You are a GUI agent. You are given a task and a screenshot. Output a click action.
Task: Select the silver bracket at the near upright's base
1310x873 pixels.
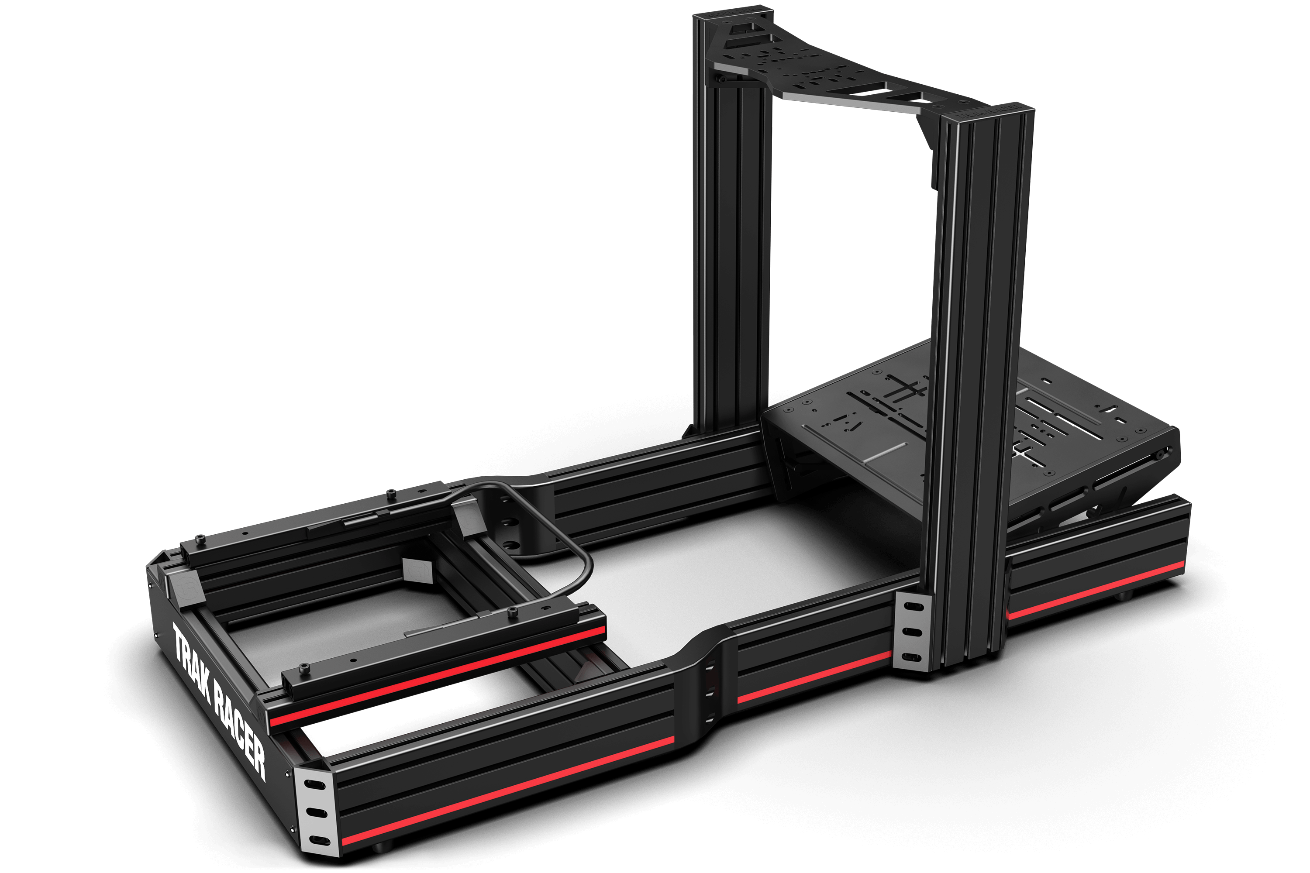click(x=911, y=632)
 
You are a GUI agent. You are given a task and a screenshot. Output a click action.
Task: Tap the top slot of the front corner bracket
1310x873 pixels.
click(x=315, y=784)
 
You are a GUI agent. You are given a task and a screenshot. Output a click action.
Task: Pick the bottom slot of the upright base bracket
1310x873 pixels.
click(x=910, y=657)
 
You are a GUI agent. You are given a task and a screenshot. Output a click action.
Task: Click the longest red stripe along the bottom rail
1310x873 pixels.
click(x=507, y=791)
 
